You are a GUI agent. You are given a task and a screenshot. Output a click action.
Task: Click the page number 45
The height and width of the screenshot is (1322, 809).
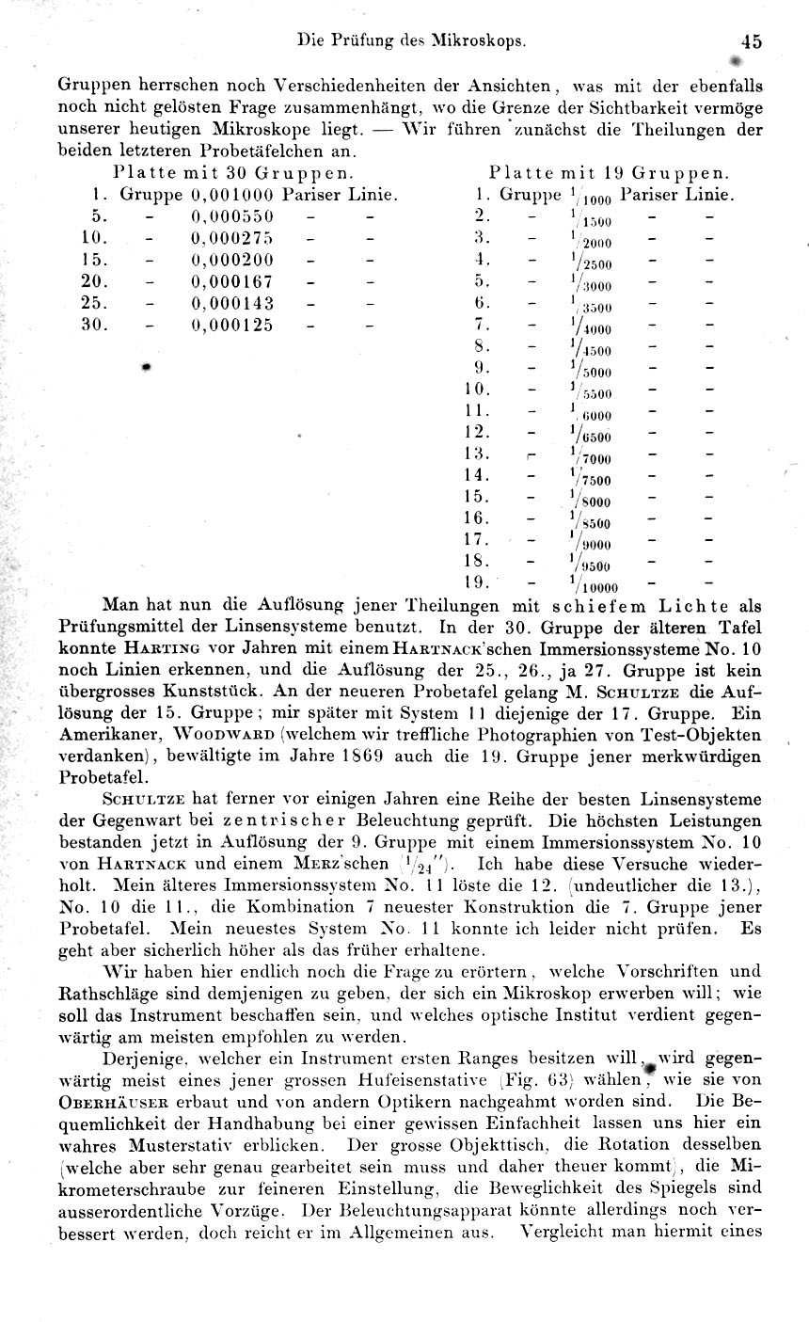(x=751, y=41)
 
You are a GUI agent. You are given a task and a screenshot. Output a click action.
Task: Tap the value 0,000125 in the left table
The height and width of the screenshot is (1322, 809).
(x=232, y=325)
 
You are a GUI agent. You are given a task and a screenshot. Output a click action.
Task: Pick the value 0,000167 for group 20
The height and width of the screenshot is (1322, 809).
(x=232, y=281)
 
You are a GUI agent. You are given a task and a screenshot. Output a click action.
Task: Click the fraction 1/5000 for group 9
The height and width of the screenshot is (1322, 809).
(x=590, y=369)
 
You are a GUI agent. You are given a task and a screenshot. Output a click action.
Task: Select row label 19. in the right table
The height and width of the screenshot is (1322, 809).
(x=478, y=582)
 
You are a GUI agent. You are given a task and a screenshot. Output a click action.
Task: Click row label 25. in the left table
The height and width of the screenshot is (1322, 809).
(x=97, y=303)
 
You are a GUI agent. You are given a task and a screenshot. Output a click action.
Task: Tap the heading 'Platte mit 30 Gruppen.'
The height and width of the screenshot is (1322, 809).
(x=233, y=174)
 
